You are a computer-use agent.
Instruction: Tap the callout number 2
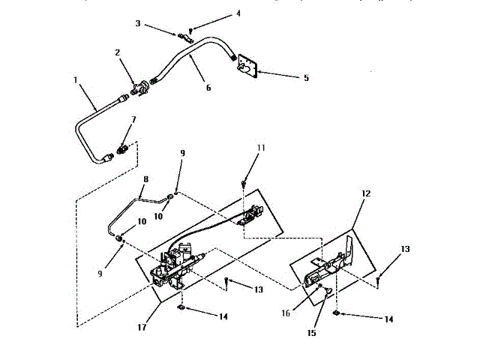(118, 52)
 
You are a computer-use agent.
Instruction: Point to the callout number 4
(217, 13)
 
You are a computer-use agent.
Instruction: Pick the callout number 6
(208, 88)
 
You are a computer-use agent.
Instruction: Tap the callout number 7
(133, 119)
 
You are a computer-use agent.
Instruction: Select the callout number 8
(145, 179)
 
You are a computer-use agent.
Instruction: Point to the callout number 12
(364, 193)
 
